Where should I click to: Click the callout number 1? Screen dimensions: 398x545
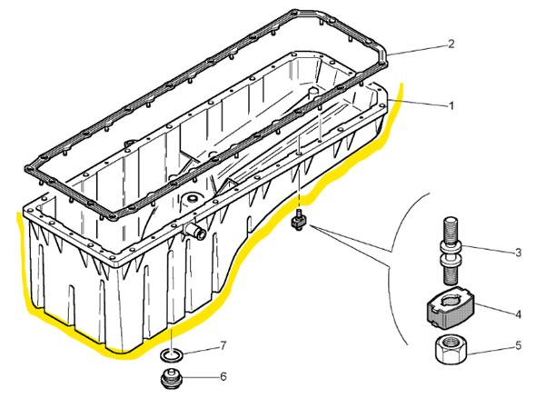click(451, 105)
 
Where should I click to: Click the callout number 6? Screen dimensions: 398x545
click(223, 376)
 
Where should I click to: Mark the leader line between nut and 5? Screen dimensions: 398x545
click(489, 348)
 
